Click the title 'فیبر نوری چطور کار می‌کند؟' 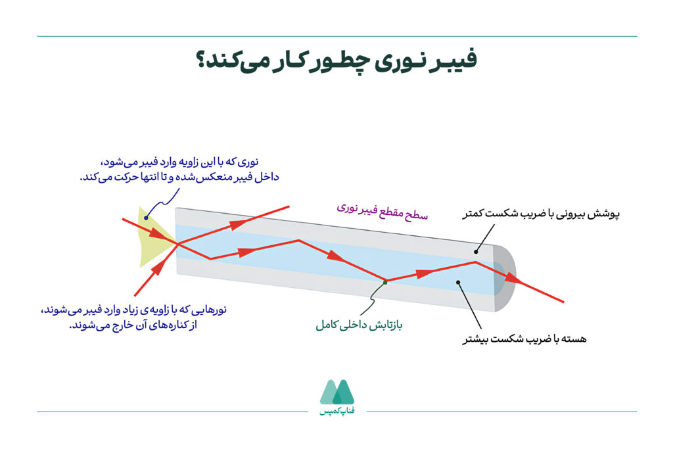click(x=336, y=60)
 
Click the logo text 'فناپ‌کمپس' click(x=336, y=412)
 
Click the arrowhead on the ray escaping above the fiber click(x=235, y=225)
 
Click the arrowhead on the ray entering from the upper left click(x=157, y=233)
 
